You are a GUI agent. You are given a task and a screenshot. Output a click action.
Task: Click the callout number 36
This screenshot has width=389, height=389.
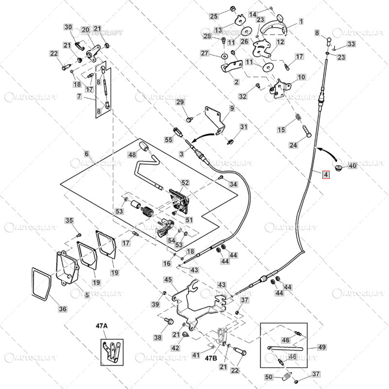point(63,308)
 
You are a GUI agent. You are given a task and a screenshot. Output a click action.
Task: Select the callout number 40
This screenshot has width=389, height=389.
point(353,166)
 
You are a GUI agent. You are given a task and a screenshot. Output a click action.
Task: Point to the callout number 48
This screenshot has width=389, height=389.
point(132,155)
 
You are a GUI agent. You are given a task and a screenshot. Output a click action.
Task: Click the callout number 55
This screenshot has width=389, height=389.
point(169,140)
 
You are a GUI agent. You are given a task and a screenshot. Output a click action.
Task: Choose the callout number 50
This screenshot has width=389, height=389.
point(269,377)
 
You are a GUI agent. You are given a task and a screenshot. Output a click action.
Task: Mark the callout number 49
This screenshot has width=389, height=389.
point(322,347)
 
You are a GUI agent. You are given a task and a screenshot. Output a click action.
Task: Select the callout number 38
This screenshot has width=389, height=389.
point(158,337)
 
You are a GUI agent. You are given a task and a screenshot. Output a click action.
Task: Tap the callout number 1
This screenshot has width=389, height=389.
point(301,21)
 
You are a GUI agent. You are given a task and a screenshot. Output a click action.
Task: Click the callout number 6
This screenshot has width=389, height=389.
point(87,154)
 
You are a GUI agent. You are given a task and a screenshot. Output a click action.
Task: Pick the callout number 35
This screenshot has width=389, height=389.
point(69,221)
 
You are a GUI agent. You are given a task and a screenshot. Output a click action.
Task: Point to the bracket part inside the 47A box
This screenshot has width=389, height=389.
point(111,351)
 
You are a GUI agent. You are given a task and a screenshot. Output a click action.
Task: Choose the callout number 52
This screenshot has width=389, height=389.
point(185,183)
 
